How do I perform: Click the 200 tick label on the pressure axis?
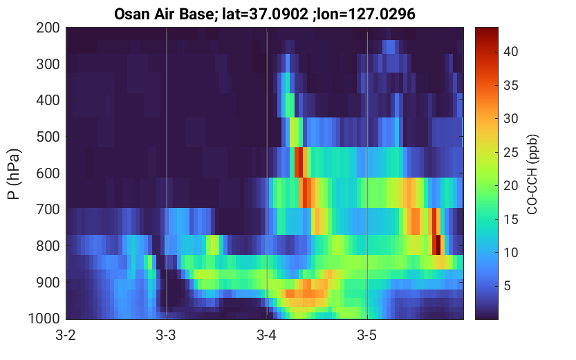48,28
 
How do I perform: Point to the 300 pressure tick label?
48,64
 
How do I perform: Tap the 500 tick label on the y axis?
48,137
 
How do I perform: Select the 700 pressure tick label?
48,209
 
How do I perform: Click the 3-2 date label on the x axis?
66,335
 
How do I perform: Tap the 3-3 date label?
166,335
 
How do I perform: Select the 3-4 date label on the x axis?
267,335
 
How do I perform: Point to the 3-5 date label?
367,335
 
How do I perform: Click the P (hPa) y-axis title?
14,174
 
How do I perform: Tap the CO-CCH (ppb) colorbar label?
532,174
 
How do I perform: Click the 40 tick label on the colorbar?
510,51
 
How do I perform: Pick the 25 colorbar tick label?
510,152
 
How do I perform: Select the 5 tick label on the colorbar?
508,286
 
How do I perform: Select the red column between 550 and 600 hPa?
299,162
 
